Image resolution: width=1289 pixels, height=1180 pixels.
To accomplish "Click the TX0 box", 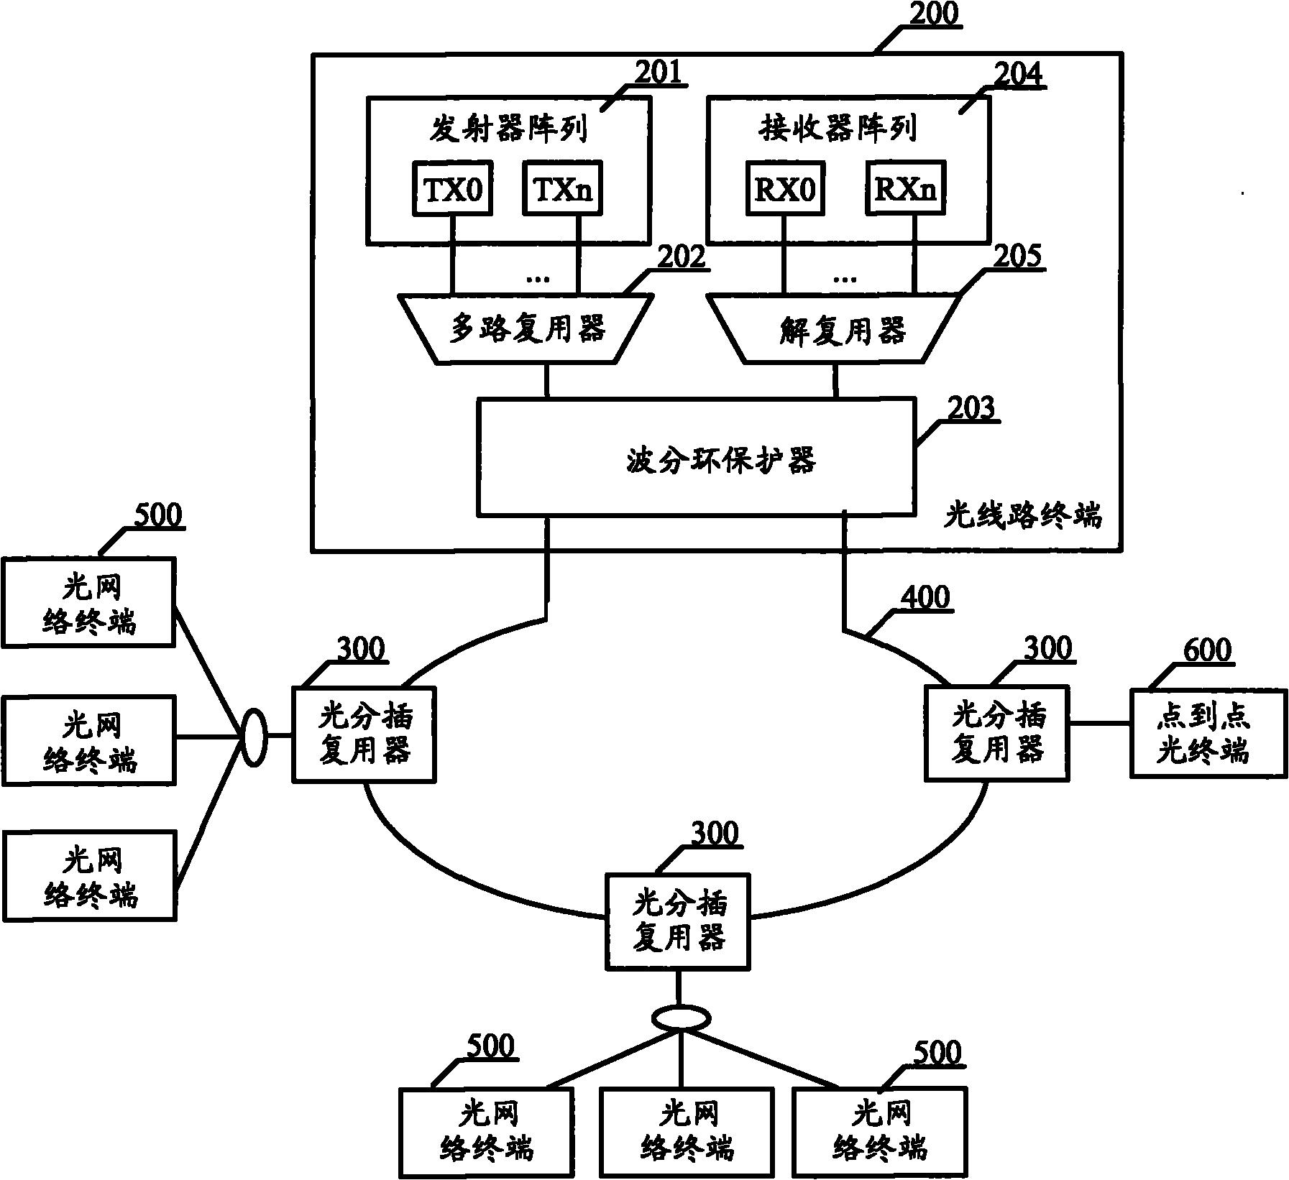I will pyautogui.click(x=452, y=188).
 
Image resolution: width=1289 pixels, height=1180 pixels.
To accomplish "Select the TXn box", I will pyautogui.click(x=562, y=188).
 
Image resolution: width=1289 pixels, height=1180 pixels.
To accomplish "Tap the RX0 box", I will pyautogui.click(x=785, y=188).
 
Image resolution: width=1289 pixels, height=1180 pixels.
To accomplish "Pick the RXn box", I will pyautogui.click(x=906, y=188).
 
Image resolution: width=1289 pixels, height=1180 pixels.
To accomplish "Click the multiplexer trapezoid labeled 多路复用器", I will pyautogui.click(x=526, y=328).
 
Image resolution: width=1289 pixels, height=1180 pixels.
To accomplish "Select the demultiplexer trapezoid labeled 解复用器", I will pyautogui.click(x=834, y=328).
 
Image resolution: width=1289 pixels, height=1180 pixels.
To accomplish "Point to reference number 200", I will pyautogui.click(x=933, y=14).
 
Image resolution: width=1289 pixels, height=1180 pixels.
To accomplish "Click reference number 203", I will pyautogui.click(x=971, y=407).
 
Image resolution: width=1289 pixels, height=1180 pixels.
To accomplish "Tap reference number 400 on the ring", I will pyautogui.click(x=925, y=597).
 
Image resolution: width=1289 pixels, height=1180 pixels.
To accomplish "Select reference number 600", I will pyautogui.click(x=1206, y=650).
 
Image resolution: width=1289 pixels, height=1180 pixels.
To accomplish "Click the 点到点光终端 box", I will pyautogui.click(x=1207, y=733).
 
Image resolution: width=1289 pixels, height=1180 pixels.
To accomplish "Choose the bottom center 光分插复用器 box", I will pyautogui.click(x=677, y=921).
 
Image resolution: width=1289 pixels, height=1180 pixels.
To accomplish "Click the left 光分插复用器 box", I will pyautogui.click(x=364, y=734).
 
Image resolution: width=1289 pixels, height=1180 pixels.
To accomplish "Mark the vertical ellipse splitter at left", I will pyautogui.click(x=252, y=737).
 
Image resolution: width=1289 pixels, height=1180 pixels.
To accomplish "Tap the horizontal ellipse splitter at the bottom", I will pyautogui.click(x=681, y=1018).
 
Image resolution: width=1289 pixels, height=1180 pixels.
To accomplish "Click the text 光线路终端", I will pyautogui.click(x=1022, y=516).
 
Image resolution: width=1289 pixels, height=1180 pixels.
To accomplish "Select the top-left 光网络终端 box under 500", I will pyautogui.click(x=88, y=603).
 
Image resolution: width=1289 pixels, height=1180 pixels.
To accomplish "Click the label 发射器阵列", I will pyautogui.click(x=508, y=129).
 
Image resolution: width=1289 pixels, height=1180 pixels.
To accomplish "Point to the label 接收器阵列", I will pyautogui.click(x=838, y=129).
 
